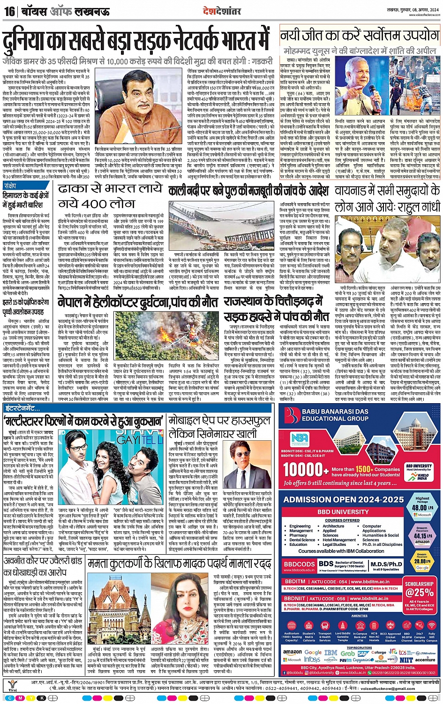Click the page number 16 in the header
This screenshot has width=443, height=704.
pos(9,11)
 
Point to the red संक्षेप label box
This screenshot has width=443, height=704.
pos(10,186)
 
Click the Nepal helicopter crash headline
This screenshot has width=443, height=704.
pos(138,302)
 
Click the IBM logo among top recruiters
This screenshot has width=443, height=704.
pos(331,652)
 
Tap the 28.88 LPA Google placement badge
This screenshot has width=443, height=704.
pos(422,561)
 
